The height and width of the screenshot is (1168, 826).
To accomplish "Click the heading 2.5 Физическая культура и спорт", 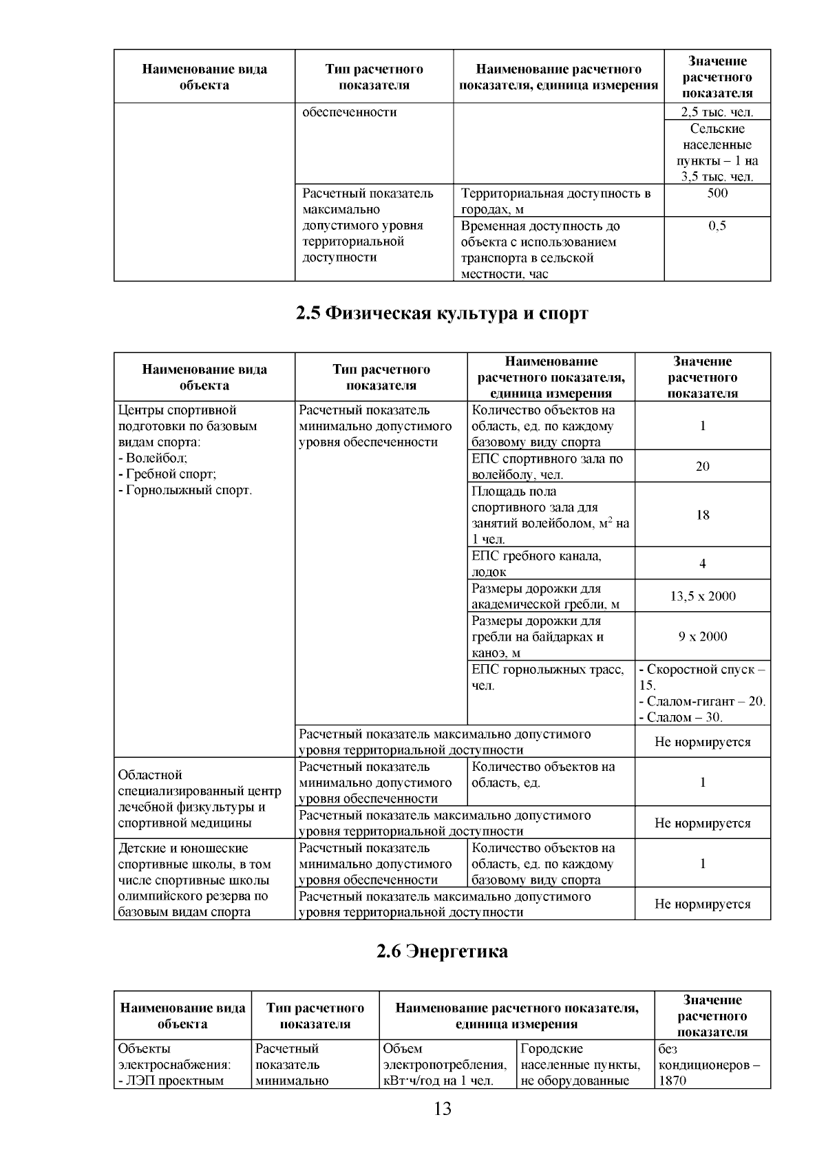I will coord(442,314).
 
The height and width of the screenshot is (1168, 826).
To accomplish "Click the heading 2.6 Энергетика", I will coord(442,952).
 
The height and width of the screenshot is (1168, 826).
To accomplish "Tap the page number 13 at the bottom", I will coord(442,1109).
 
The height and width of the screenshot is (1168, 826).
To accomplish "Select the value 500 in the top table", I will coord(717,193).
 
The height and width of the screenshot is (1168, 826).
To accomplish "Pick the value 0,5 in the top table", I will coord(717,226).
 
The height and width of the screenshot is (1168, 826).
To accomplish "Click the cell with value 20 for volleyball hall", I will coord(702,467).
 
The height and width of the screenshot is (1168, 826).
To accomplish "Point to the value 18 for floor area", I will coord(702,515).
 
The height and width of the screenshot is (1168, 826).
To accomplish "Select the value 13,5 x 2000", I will coord(702,596).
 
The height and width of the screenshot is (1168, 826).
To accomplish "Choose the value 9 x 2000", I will coord(702,637).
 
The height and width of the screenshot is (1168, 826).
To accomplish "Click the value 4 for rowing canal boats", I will coord(702,564).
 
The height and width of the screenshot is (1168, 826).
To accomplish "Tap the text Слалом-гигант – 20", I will coord(702,701).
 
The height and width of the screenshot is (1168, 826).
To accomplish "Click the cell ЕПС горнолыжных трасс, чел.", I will coord(549,677).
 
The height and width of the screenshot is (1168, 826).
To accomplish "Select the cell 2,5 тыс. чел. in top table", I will coord(717,112).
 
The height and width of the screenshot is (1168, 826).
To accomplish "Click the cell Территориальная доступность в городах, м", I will coord(555,201).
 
